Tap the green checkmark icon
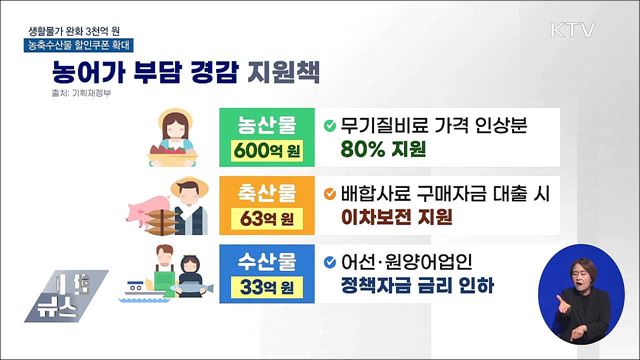(332, 126)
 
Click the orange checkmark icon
(332, 192)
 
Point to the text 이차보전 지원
(396, 216)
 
